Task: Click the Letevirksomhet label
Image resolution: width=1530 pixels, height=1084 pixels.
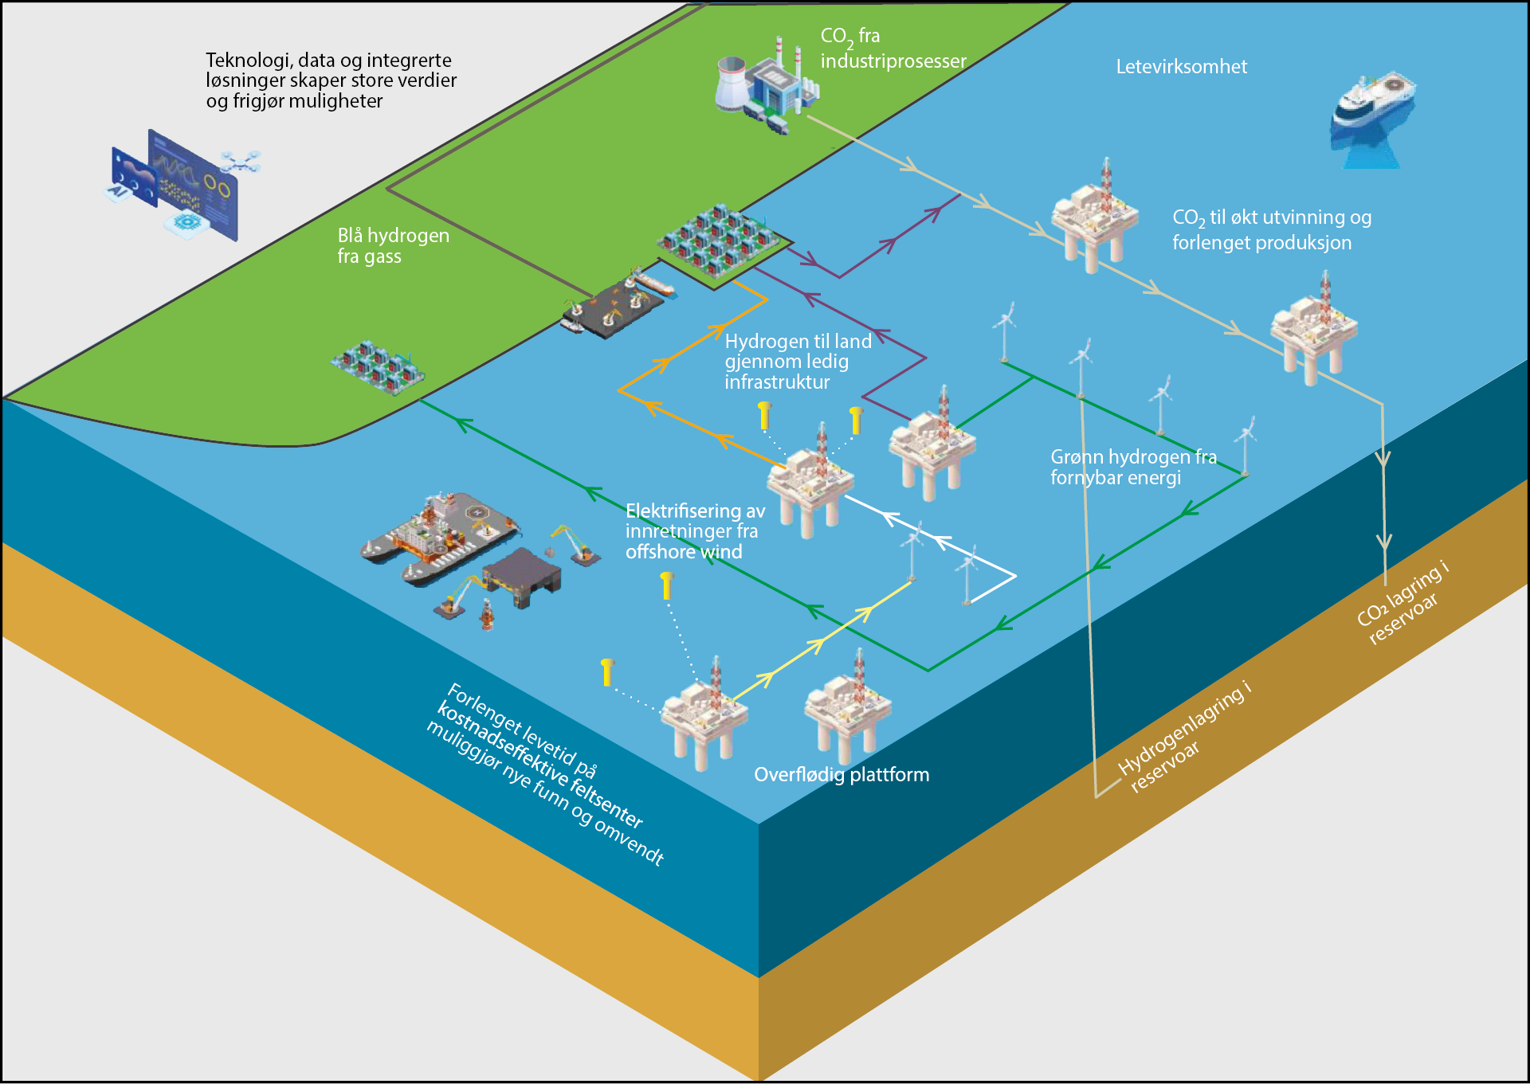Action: click(1181, 67)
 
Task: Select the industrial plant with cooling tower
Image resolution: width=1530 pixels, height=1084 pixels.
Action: click(765, 88)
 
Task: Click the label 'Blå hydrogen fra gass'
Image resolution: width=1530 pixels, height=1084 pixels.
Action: click(393, 245)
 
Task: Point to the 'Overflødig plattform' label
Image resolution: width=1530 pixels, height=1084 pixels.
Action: click(841, 774)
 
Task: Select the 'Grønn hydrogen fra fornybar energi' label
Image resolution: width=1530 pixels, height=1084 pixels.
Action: click(1132, 467)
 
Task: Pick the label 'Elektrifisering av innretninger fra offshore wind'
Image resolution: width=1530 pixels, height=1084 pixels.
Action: click(694, 531)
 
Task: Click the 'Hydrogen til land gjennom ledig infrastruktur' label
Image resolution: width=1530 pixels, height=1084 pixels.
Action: click(798, 362)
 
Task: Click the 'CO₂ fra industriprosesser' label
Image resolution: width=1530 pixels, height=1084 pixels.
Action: click(892, 49)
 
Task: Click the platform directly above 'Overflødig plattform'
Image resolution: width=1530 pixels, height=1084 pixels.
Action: click(848, 709)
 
